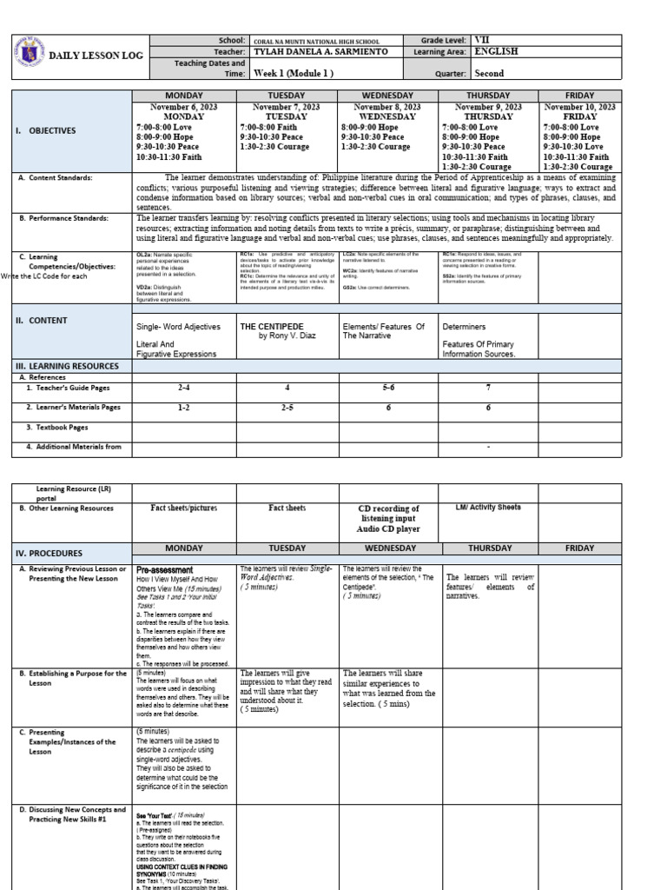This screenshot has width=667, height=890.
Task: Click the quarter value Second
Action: coord(489,74)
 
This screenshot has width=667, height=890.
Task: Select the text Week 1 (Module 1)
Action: coord(294,74)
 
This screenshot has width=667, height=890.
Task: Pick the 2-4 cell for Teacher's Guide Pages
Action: coord(182,389)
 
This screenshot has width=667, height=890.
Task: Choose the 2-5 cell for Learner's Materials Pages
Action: coord(286,407)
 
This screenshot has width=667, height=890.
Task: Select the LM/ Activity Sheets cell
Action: coord(489,508)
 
